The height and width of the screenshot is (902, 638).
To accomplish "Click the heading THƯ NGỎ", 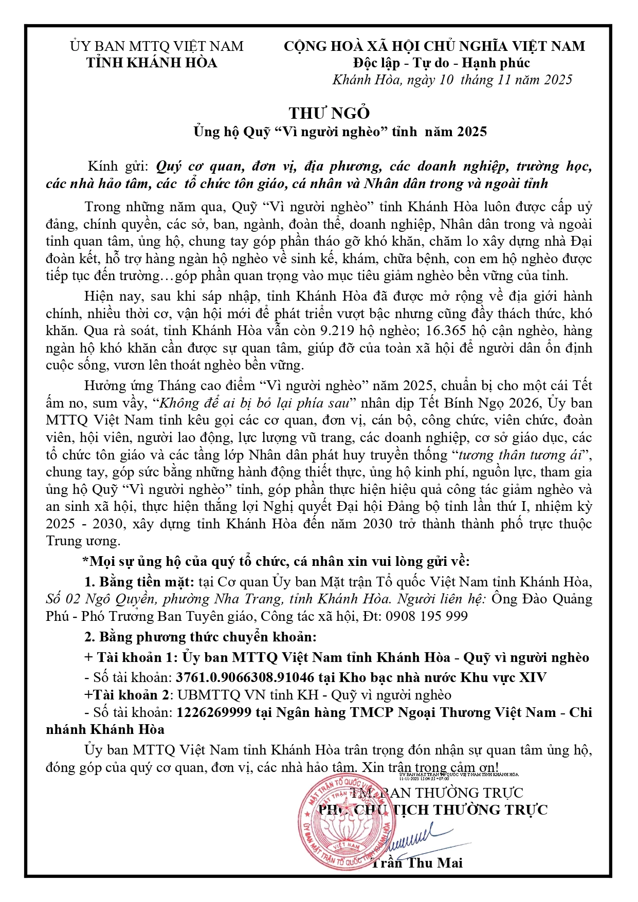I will [x=329, y=113].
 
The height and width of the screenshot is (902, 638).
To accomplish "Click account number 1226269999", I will [x=214, y=712].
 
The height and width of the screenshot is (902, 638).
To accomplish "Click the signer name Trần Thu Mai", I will [x=416, y=863].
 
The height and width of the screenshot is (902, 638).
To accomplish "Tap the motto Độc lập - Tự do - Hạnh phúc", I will [x=442, y=63].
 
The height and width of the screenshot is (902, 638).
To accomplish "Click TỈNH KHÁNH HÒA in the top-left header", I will [x=152, y=63].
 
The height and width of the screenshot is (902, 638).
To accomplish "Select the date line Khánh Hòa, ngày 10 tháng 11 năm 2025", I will [x=452, y=80].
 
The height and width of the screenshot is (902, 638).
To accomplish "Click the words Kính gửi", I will [x=118, y=167].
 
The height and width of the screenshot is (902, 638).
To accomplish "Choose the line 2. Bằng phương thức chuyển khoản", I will [x=200, y=637].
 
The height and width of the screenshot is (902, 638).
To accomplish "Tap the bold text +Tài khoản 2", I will [x=127, y=695].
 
